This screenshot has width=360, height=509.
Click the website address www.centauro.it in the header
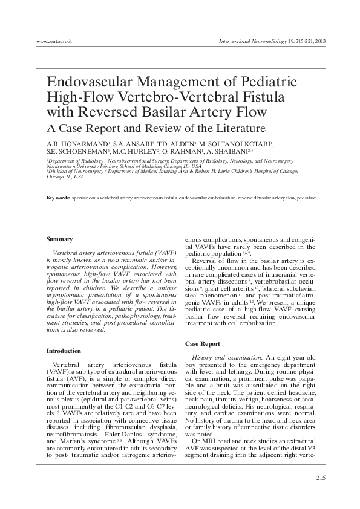tap(54, 41)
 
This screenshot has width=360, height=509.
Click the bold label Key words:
tap(58, 198)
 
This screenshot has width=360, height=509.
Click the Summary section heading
tap(60, 239)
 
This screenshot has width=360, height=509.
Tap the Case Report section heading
tap(202, 343)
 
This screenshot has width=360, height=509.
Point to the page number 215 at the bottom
tap(321, 478)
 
